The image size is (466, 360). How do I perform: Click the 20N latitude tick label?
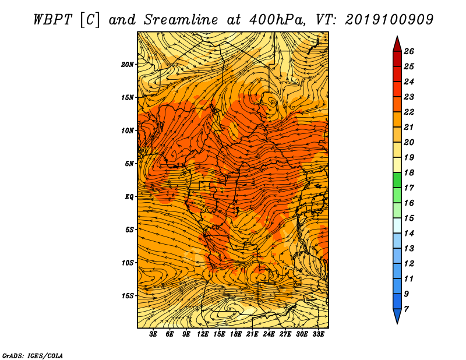point(128,65)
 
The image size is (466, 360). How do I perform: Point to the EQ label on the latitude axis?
point(129,197)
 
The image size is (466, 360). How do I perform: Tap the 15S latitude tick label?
point(128,296)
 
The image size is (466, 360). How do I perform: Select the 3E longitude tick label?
point(153,334)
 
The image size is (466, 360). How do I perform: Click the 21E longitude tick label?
point(252,334)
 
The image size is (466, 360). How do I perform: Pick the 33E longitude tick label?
point(318,334)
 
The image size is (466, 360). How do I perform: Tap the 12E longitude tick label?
point(202,334)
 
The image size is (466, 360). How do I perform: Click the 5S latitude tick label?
point(129,230)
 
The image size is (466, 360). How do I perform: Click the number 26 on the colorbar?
point(409,51)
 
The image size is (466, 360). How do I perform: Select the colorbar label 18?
point(409,172)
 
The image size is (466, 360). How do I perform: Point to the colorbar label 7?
point(406,309)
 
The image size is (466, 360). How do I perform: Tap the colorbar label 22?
point(409,112)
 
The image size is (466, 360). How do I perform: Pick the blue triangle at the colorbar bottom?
point(397,315)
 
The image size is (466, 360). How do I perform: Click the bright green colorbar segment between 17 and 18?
point(397,180)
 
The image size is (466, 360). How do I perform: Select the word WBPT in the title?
point(53,20)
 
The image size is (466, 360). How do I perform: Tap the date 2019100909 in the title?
point(389,20)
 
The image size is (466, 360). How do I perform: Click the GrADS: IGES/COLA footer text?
point(33,355)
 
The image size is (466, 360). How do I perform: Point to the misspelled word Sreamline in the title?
point(181,20)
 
